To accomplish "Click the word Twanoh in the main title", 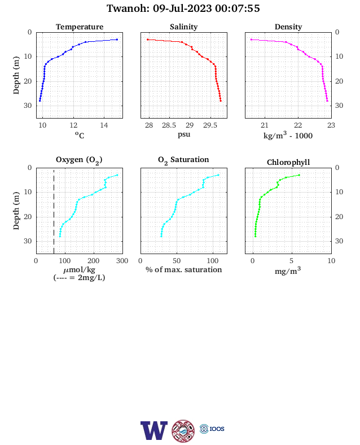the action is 128,8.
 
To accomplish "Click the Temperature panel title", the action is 80,27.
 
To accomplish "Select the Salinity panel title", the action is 184,27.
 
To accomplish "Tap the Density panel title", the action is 288,27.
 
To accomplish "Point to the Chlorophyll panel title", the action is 288,162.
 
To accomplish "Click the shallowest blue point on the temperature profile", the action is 117,40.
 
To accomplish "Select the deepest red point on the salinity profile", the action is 221,101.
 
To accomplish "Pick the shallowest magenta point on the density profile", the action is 251,40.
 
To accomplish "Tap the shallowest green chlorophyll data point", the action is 299,175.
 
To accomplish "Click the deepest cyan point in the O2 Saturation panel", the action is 161,236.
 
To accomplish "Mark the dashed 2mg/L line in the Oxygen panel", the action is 54,211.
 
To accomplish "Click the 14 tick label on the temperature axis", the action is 104,125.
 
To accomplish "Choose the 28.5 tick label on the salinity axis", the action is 169,125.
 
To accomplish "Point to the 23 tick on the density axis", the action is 331,125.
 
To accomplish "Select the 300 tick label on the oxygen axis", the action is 122,261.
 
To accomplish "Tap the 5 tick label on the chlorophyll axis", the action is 292,261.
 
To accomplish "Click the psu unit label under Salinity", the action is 184,134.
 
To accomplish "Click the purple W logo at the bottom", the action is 154,430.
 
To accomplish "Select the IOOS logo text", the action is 217,429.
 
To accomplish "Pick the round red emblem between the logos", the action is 183,430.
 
